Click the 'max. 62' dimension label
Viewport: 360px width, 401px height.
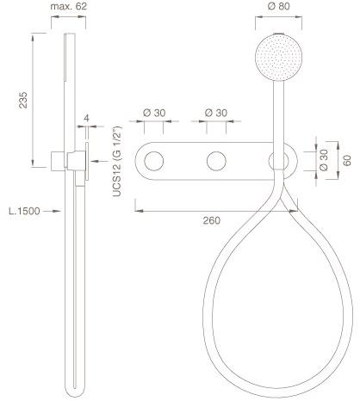click(68, 6)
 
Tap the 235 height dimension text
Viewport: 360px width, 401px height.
click(23, 100)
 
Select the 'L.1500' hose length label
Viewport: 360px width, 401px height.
click(24, 211)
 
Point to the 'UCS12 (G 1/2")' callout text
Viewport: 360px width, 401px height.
click(117, 162)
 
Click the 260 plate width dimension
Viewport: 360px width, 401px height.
click(212, 220)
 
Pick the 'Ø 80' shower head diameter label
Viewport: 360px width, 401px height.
click(279, 6)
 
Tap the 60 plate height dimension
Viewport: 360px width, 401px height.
click(347, 160)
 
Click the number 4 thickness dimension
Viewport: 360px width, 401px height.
click(86, 118)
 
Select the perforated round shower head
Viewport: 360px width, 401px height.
click(278, 57)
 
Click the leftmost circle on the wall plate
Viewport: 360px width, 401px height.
click(154, 161)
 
